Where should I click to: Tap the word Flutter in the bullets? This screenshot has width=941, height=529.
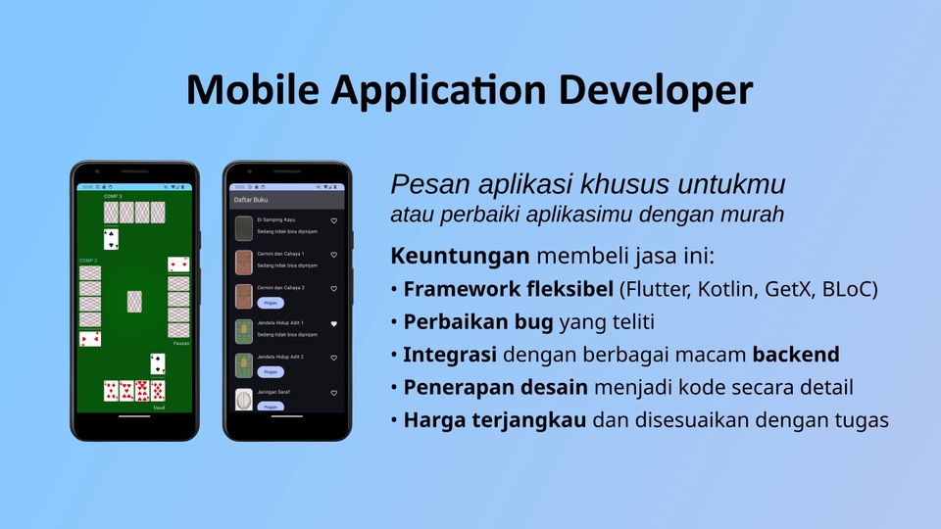click(657, 290)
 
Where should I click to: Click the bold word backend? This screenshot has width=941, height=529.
click(795, 355)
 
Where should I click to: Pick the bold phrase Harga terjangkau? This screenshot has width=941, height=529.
click(495, 420)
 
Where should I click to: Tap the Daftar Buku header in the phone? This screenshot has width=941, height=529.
click(250, 199)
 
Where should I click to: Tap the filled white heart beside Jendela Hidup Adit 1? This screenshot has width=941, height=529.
click(333, 323)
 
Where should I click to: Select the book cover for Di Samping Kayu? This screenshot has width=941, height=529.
click(244, 227)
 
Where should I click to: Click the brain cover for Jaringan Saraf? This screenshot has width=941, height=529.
click(244, 399)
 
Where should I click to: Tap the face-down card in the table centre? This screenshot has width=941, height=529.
click(134, 302)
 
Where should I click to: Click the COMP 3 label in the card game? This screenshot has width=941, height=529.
click(88, 261)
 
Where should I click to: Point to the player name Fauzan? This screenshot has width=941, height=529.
click(180, 344)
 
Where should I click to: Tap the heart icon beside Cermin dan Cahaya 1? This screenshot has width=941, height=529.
click(333, 255)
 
